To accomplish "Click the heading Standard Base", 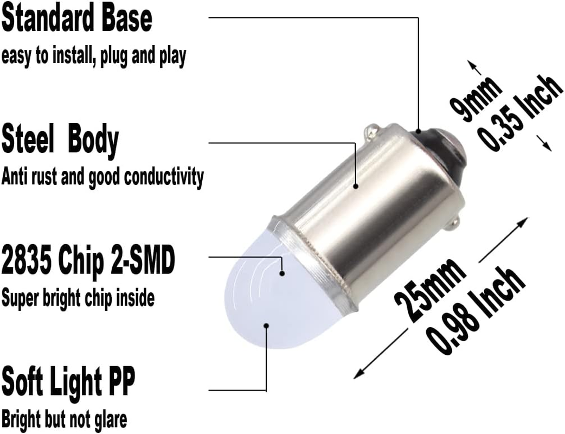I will click(77, 20).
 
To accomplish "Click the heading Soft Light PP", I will click(68, 382).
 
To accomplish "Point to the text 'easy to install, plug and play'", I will click(94, 57).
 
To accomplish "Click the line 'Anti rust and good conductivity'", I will click(102, 177).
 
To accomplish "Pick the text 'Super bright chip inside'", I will click(78, 298).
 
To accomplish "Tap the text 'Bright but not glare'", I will click(65, 419).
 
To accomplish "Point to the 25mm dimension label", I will click(429, 290).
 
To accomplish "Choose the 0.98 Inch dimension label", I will click(476, 310).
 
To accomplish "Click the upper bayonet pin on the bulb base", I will click(371, 130).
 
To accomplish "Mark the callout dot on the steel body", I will click(356, 186).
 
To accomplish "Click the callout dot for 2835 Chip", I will click(282, 273).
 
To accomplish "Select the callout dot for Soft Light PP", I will click(266, 325).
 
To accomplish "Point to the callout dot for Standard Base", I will click(419, 131).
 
